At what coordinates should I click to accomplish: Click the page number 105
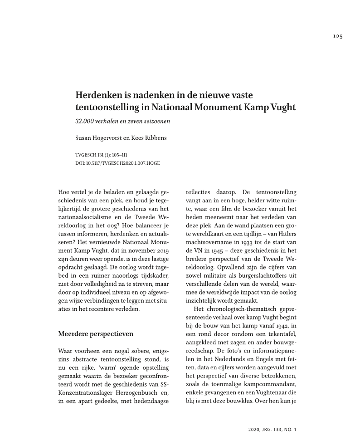tap(337, 36)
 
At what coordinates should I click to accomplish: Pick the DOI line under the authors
tap(117, 162)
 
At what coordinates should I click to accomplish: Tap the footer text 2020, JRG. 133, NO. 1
tap(272, 429)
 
